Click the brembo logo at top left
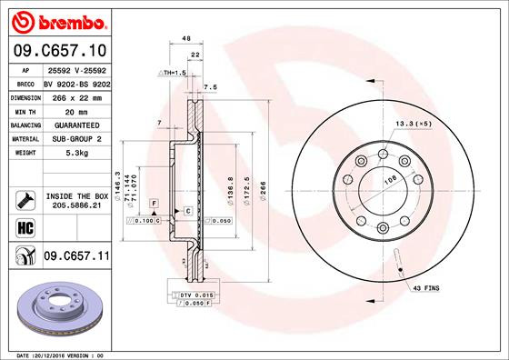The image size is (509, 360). [x=56, y=20]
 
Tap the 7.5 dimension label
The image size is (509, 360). [x=211, y=87]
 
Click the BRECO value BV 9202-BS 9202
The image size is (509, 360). [x=76, y=82]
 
